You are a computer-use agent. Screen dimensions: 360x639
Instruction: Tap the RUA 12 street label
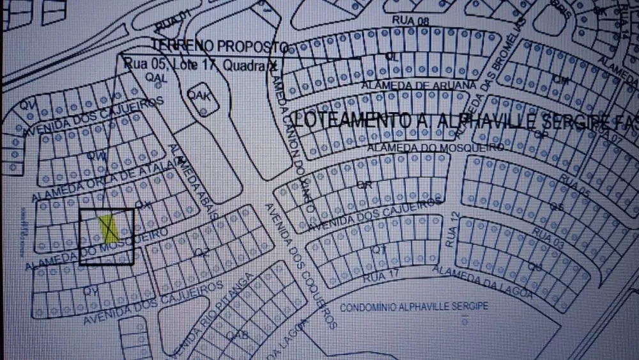click(x=452, y=226)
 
